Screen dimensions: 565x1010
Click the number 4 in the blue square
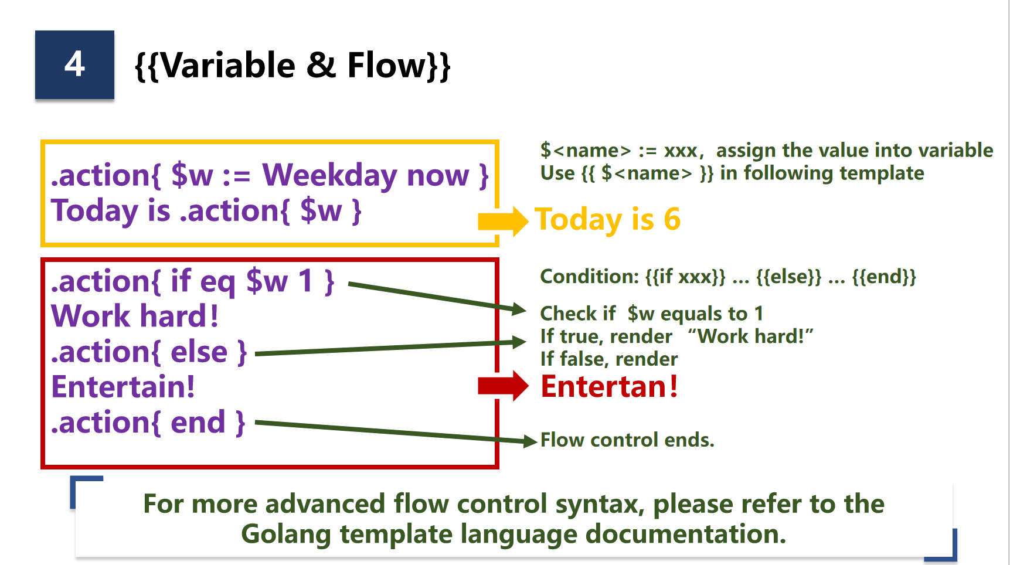point(74,64)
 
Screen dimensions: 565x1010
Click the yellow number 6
point(672,219)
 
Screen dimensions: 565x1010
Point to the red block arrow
point(503,386)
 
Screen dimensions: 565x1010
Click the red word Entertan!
point(609,387)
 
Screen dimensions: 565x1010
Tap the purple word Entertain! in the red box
point(123,387)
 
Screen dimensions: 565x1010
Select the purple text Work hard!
point(135,316)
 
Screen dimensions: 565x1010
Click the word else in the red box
point(199,352)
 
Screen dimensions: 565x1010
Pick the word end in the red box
point(198,423)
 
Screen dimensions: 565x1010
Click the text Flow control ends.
point(627,440)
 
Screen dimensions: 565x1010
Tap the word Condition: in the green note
point(589,277)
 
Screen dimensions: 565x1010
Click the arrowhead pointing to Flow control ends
point(530,441)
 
